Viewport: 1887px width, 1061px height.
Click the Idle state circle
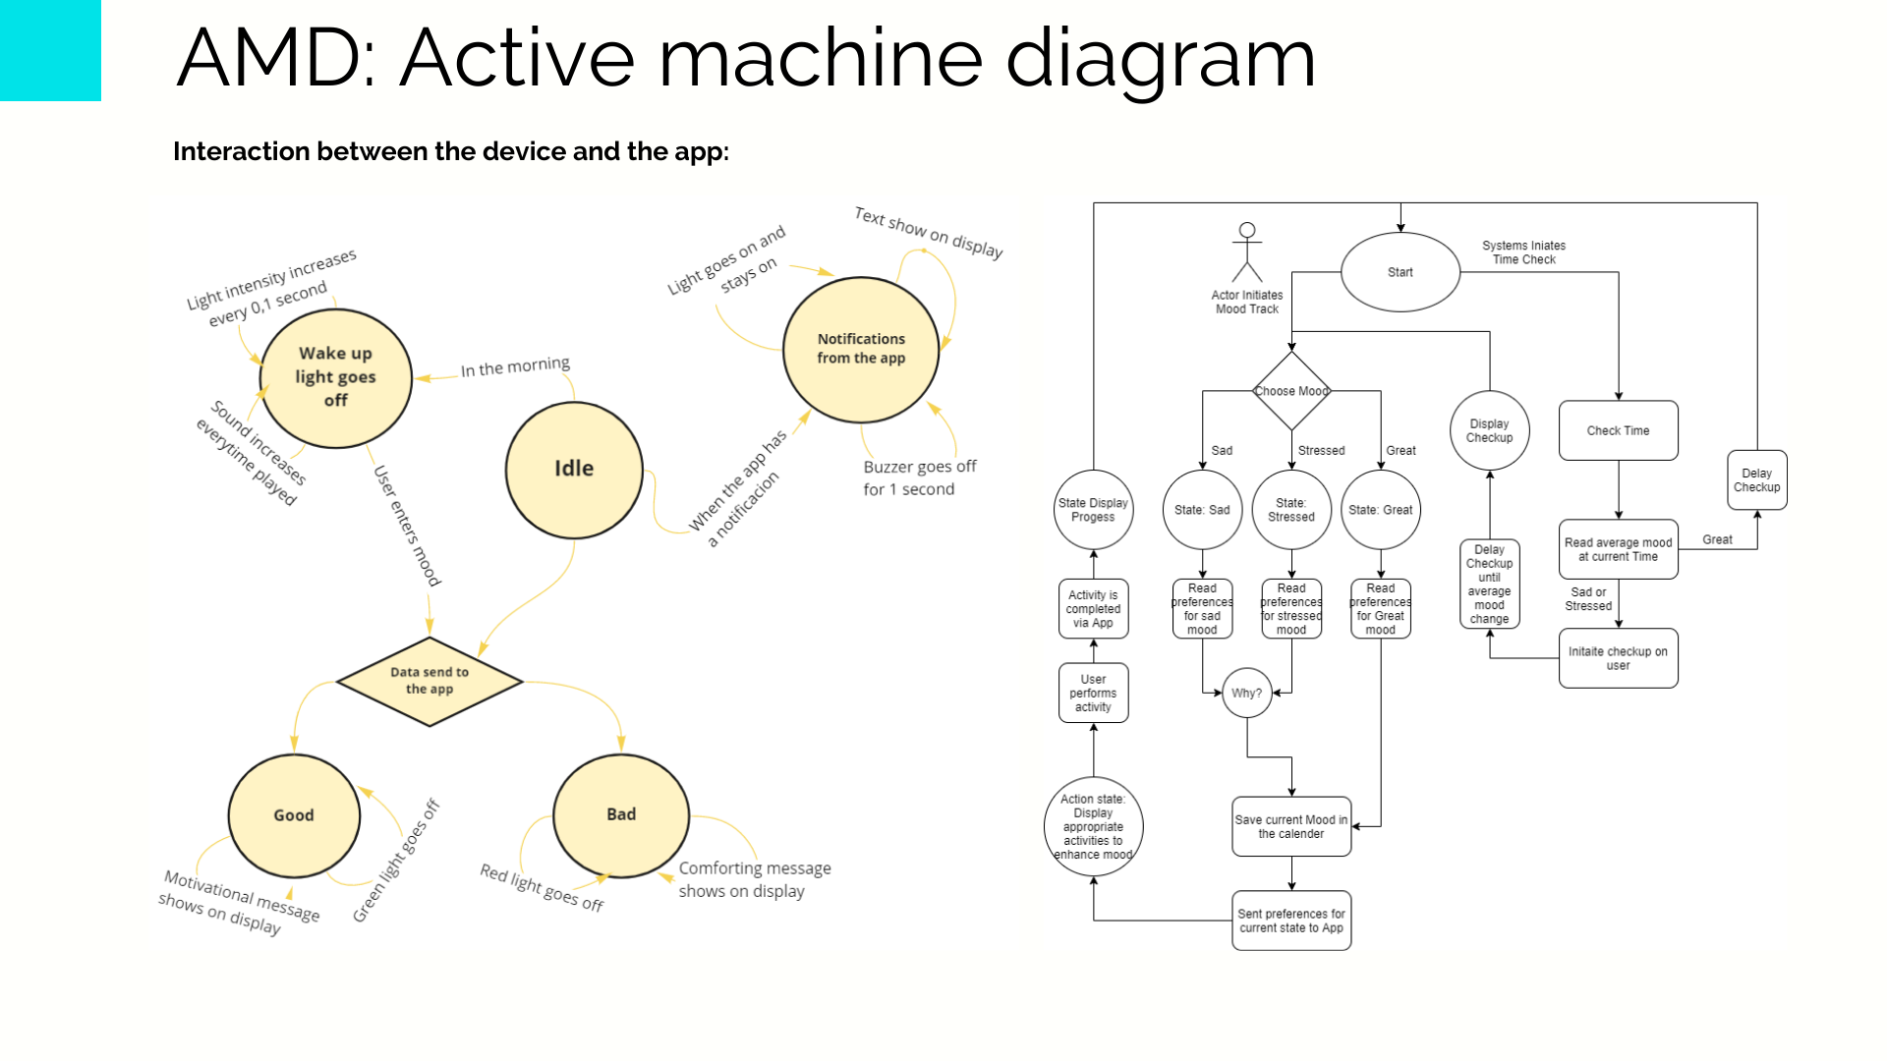(574, 470)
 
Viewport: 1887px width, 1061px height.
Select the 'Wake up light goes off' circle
(335, 377)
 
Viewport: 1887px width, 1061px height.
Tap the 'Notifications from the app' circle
(861, 349)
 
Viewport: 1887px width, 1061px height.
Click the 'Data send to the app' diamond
(429, 680)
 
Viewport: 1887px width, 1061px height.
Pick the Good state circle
(294, 815)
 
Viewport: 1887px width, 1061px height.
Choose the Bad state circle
(621, 814)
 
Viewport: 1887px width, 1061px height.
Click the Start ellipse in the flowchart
(1401, 272)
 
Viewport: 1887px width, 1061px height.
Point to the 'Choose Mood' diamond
(1291, 391)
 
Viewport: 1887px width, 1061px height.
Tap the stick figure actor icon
(1247, 252)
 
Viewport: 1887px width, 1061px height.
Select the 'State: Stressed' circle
(1291, 510)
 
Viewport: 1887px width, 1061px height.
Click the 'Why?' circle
(1247, 693)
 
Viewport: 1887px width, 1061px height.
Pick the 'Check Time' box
(1618, 430)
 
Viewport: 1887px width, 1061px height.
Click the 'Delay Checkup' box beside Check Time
(1756, 480)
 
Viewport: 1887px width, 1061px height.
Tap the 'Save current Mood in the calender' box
(1291, 826)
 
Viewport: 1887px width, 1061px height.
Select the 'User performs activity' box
(1093, 693)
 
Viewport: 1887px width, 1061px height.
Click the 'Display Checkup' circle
(1489, 430)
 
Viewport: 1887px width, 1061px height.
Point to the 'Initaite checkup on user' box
(1618, 658)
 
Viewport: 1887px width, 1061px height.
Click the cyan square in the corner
(50, 50)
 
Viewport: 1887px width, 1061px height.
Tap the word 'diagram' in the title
(1160, 59)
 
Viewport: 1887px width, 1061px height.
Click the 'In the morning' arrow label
(515, 367)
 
